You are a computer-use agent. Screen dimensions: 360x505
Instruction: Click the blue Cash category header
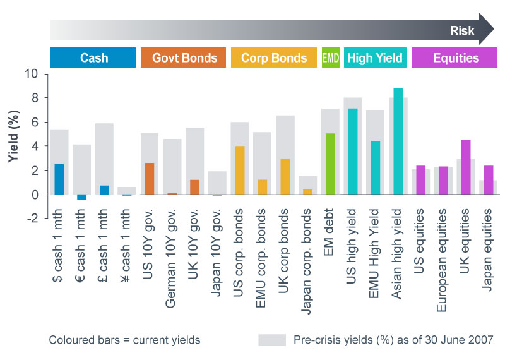(x=93, y=58)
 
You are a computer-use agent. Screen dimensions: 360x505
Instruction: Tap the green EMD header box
(x=330, y=58)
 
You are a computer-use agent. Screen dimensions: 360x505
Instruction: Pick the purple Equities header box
(x=456, y=58)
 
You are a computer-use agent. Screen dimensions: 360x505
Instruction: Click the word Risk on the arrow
(x=462, y=31)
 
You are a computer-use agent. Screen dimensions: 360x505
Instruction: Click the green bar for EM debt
(x=330, y=164)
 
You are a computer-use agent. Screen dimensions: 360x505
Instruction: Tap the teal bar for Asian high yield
(x=398, y=141)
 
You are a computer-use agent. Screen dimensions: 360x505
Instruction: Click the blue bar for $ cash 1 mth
(x=59, y=179)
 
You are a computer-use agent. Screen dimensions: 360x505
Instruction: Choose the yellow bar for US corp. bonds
(x=240, y=170)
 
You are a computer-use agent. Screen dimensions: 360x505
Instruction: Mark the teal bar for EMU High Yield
(x=375, y=167)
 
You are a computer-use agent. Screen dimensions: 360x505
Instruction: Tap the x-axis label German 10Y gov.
(x=172, y=265)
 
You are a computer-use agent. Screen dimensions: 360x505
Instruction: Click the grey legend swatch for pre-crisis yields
(x=272, y=340)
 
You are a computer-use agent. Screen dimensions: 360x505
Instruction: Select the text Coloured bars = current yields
(x=124, y=340)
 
